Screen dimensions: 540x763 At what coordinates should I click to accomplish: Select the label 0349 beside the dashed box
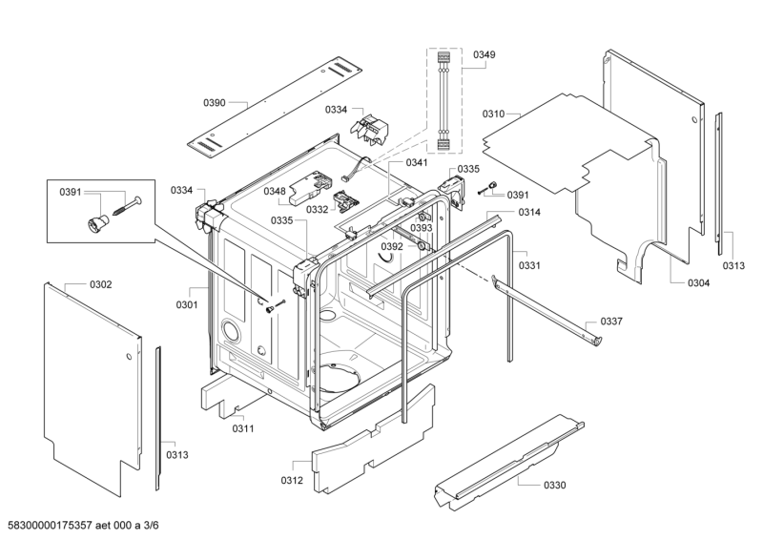pos(484,56)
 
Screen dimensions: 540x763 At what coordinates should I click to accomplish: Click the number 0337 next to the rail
pos(610,322)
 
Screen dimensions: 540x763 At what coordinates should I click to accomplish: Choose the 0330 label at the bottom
pos(554,485)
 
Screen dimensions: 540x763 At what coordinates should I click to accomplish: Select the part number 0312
pos(292,479)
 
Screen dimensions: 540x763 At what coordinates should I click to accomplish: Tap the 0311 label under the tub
pos(243,428)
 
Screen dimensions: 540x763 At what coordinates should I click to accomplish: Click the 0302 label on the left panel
pos(100,284)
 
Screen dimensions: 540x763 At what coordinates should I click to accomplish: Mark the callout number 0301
pos(186,305)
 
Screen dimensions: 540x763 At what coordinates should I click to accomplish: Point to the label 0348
pos(275,191)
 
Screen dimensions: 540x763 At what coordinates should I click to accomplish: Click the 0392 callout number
pos(392,246)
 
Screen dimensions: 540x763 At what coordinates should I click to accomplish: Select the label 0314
pos(530,212)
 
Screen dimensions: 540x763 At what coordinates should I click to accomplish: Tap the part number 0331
pos(529,265)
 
